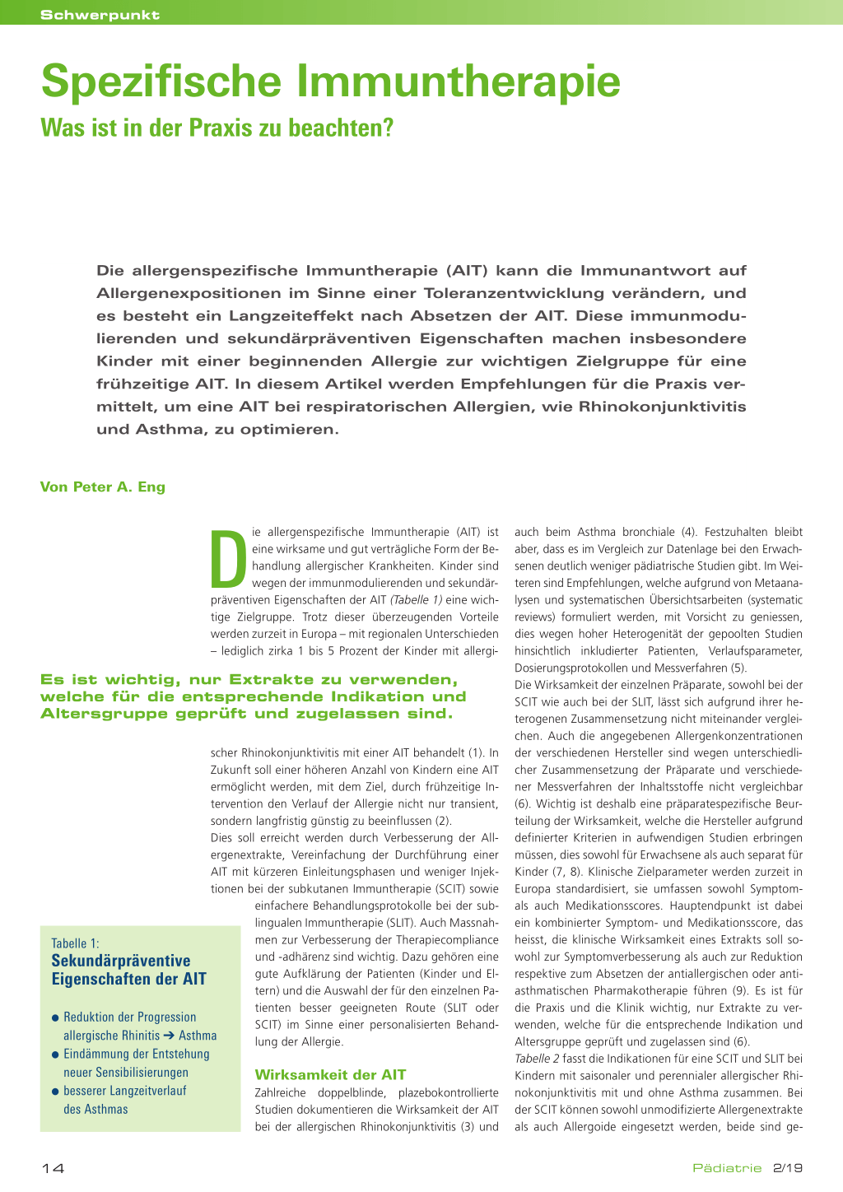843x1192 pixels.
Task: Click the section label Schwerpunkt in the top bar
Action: tap(100, 15)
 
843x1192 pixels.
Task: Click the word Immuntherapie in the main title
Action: tap(459, 81)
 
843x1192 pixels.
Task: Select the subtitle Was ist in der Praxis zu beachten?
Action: tap(217, 128)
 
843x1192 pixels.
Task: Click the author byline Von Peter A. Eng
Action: tap(103, 487)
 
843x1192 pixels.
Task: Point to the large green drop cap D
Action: tap(229, 557)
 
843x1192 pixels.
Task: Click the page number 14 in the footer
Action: tap(53, 1168)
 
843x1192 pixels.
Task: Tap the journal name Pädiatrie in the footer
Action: tap(727, 1168)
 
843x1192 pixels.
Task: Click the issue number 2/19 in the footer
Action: tap(788, 1168)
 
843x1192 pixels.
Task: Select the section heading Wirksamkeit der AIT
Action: tap(330, 1074)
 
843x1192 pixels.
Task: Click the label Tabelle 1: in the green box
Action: tap(75, 943)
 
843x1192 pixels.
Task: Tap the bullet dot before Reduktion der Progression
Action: tap(55, 1018)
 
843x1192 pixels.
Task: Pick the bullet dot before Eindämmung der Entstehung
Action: tap(55, 1055)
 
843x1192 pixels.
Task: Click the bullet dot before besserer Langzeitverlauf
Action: tap(55, 1092)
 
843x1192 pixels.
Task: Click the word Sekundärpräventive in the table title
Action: tap(120, 961)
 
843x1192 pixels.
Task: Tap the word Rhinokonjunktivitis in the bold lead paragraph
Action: tap(662, 406)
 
